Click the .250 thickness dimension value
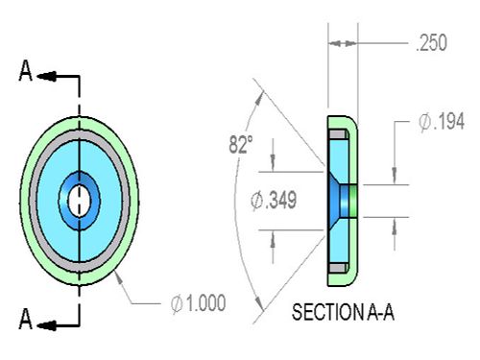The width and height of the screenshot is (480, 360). coord(431,43)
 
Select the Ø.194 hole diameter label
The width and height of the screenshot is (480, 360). coord(442,122)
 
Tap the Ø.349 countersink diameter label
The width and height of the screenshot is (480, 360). coord(274,201)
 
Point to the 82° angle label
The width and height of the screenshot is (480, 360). coord(241,144)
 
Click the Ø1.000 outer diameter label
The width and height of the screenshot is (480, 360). coord(198,303)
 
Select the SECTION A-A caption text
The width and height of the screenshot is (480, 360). coord(343,312)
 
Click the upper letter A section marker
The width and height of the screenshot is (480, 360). coord(26,71)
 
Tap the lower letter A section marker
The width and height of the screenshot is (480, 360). coord(26,319)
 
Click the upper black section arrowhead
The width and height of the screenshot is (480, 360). coord(46,76)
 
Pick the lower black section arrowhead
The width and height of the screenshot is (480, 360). coord(46,325)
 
